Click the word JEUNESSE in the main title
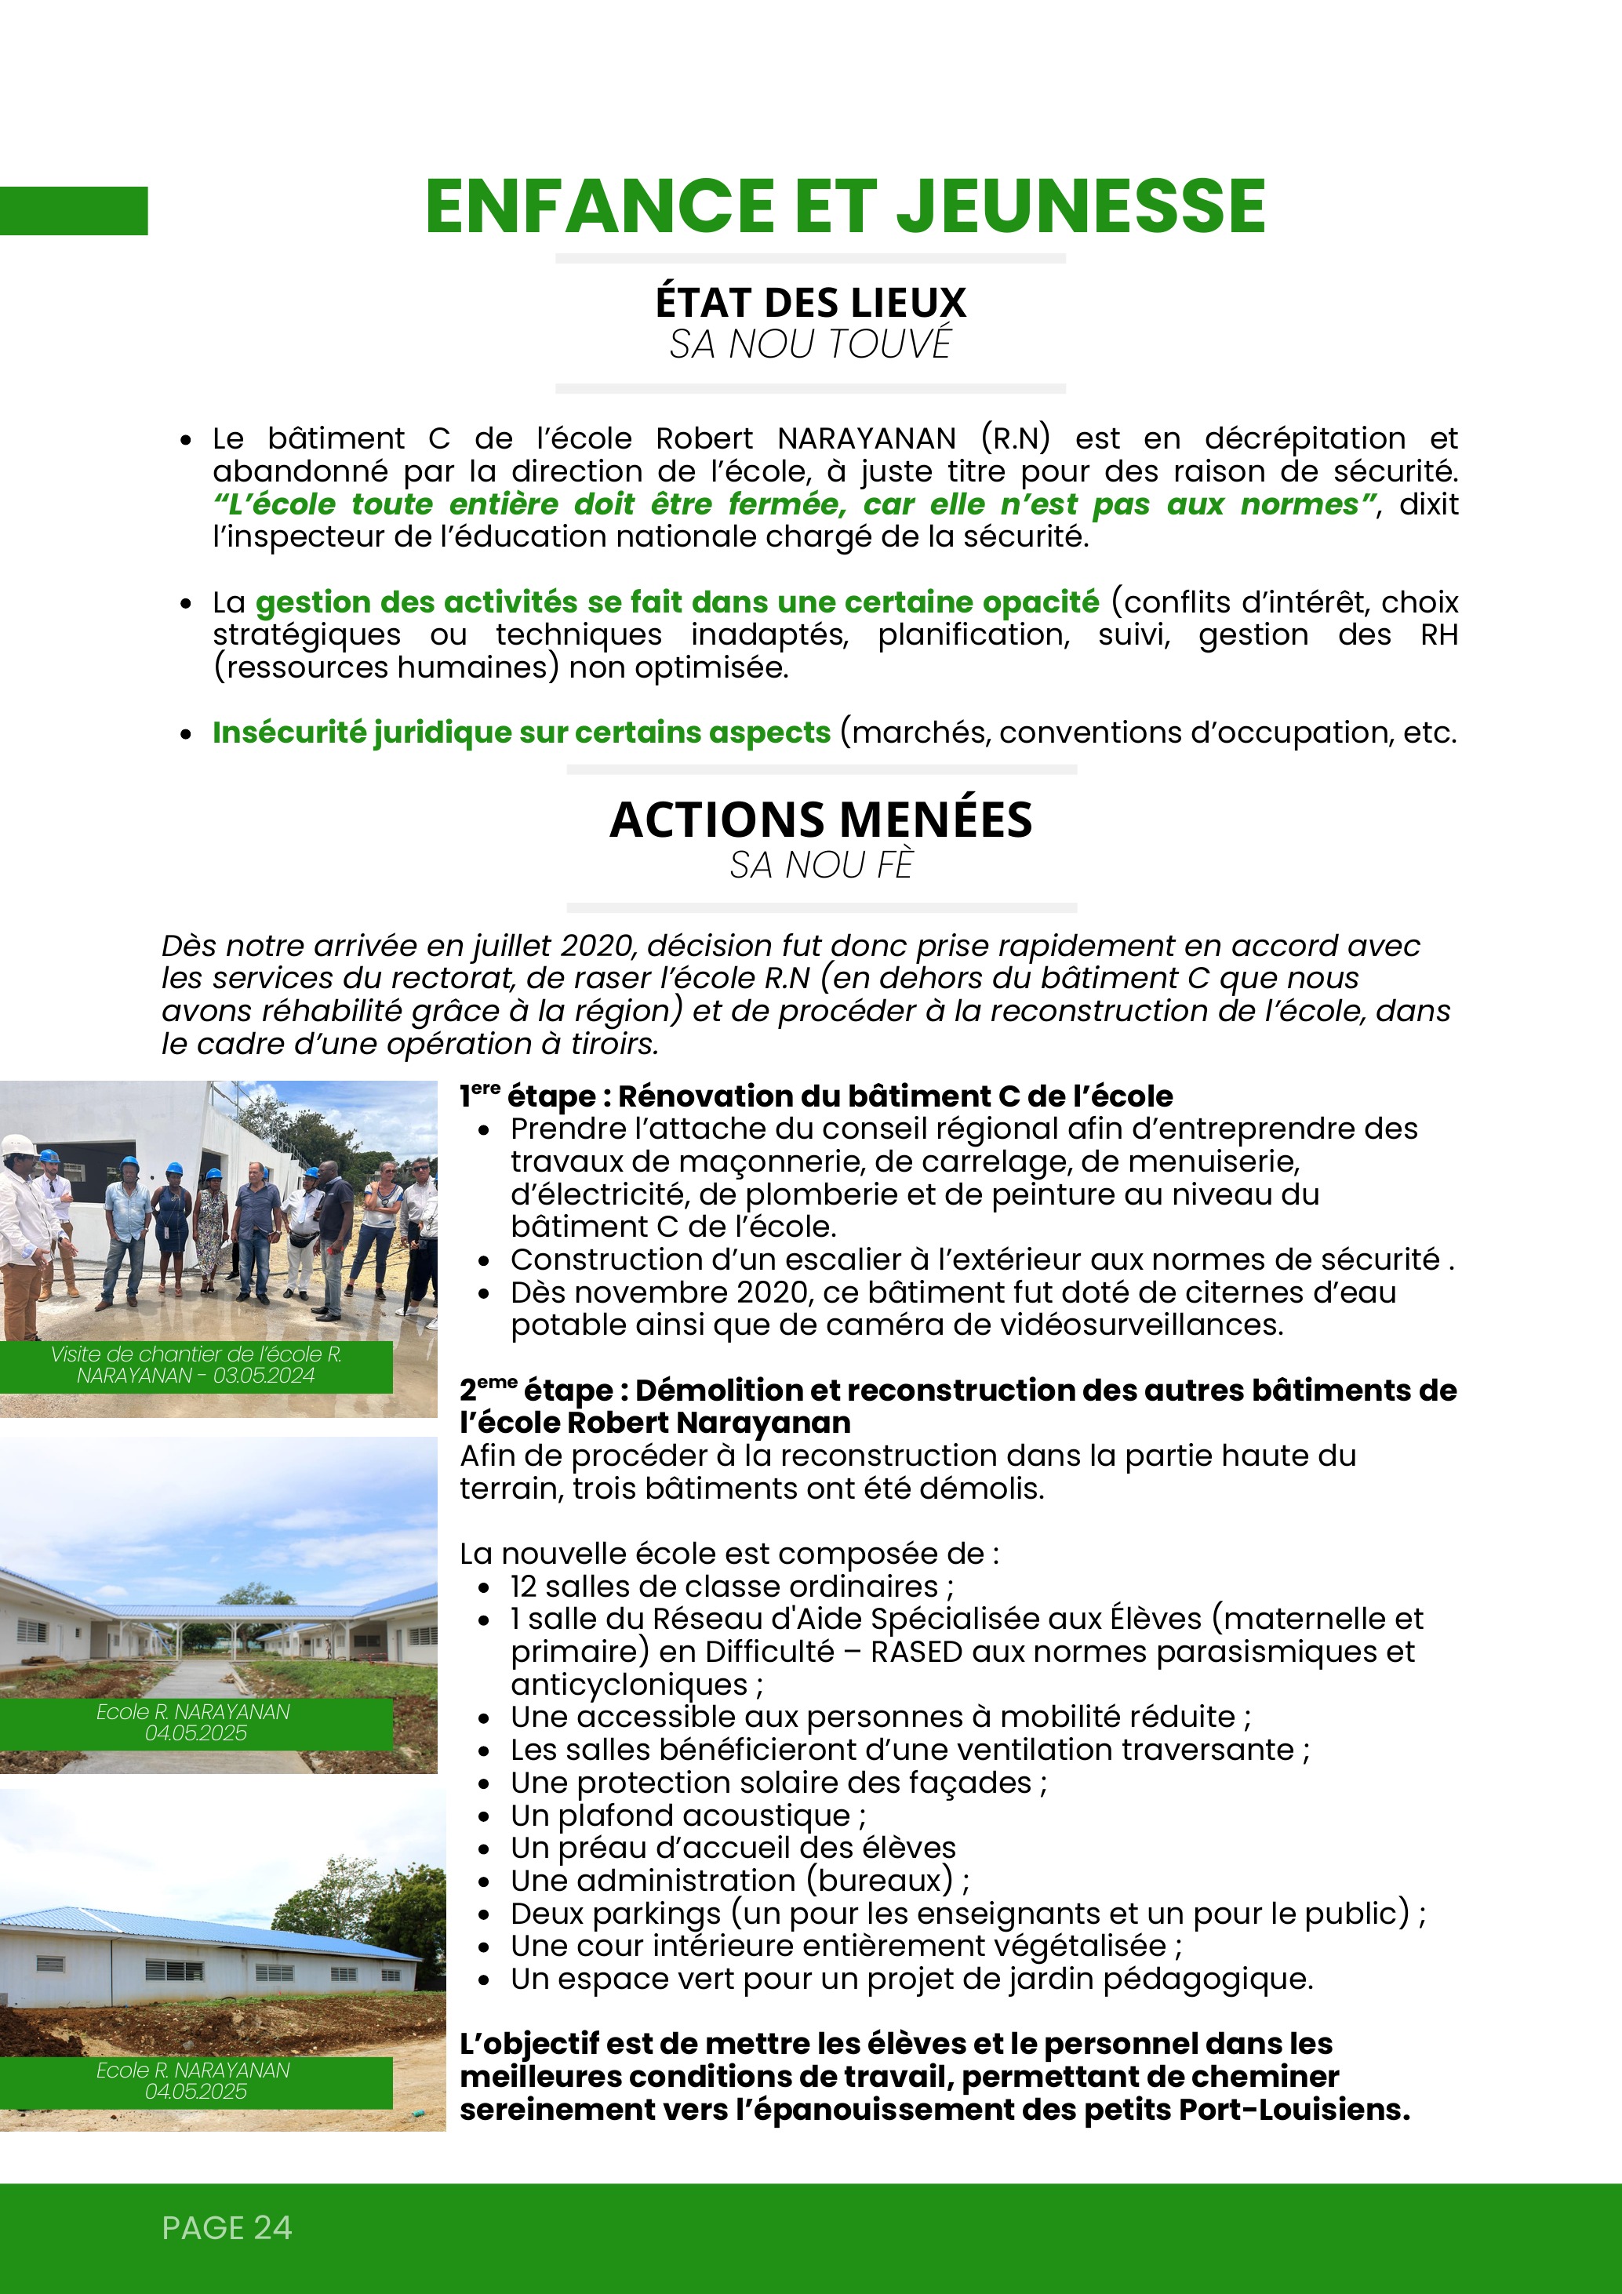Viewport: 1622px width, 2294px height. point(1082,207)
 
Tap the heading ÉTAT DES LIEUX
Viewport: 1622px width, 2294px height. point(810,302)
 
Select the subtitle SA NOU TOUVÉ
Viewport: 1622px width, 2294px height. point(810,345)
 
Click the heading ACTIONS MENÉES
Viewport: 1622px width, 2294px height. point(820,820)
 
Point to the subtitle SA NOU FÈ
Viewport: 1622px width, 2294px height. point(820,865)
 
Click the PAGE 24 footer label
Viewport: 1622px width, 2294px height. point(227,2227)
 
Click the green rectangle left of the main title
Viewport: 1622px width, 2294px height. point(73,211)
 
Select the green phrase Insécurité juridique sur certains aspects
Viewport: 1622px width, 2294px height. point(521,733)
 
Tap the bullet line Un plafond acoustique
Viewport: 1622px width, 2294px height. point(688,1816)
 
